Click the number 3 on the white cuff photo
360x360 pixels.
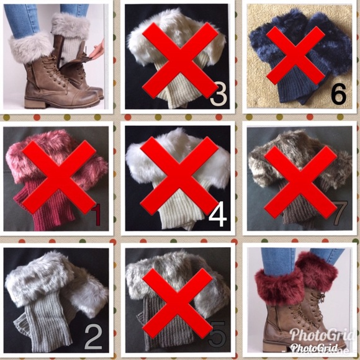(x=217, y=95)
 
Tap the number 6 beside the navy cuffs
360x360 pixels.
(x=338, y=95)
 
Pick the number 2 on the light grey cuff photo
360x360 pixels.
(x=92, y=337)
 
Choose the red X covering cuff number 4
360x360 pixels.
(x=178, y=175)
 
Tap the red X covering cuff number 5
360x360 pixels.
(x=178, y=301)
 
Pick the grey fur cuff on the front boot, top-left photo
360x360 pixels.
(x=30, y=47)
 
